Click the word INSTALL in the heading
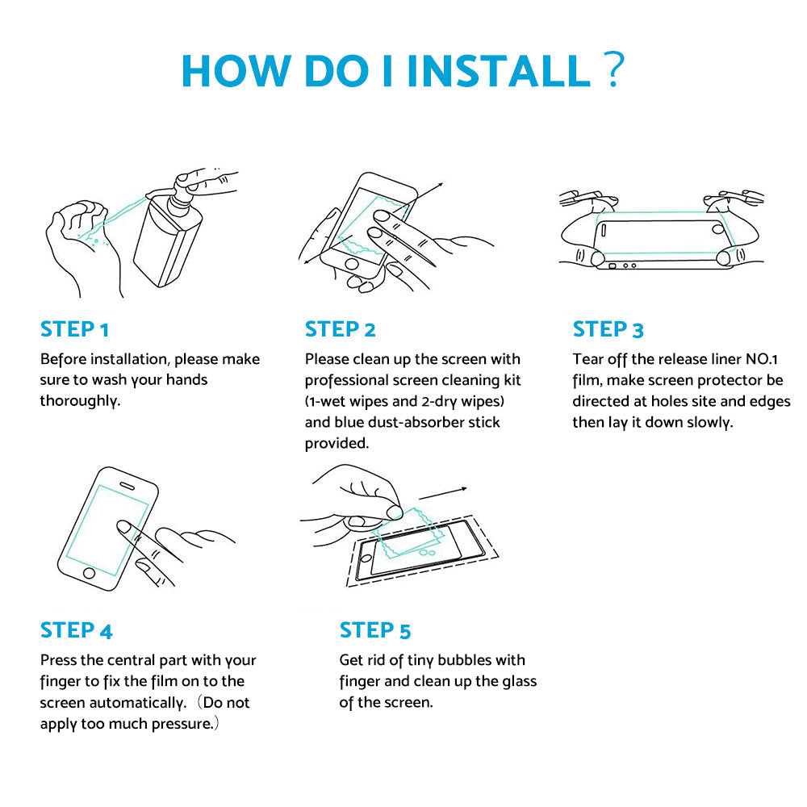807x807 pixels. (x=498, y=70)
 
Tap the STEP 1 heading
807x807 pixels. (x=74, y=329)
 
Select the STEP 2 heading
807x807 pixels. (x=341, y=329)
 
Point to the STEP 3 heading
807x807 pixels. (x=608, y=329)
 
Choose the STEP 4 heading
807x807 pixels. (x=76, y=630)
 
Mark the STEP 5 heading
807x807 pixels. (x=375, y=630)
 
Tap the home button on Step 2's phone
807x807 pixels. (x=352, y=265)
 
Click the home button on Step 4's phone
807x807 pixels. (x=89, y=573)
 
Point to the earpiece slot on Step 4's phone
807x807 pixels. (x=128, y=485)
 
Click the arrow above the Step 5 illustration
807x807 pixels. (x=443, y=493)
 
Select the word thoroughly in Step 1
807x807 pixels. (x=80, y=400)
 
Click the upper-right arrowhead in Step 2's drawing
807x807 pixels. (x=440, y=185)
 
